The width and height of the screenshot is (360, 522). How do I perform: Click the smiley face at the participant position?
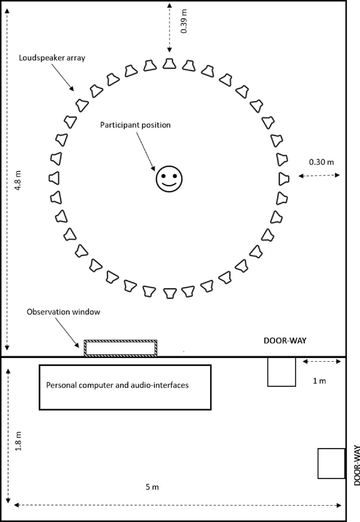point(169,178)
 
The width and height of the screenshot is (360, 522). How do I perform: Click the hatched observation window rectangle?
point(120,348)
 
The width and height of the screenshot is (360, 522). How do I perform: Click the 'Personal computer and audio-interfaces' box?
point(125,387)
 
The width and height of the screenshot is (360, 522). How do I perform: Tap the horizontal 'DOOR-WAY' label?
point(285,340)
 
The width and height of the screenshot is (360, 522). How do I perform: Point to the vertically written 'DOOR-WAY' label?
point(354,465)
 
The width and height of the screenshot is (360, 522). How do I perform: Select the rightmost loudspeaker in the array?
point(284,178)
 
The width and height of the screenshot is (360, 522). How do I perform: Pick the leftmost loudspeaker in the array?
point(54,178)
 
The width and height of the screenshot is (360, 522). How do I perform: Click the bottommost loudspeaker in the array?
point(169,293)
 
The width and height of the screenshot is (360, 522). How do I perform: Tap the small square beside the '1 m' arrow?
point(281,372)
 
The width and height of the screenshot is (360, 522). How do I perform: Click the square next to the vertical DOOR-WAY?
point(332,463)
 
